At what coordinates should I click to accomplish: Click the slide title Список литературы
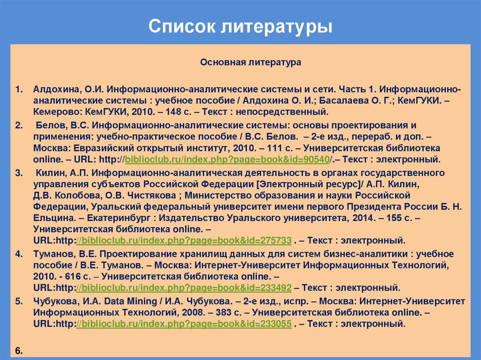point(240,26)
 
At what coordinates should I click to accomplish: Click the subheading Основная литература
point(251,62)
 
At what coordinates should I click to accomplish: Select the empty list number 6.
point(19,351)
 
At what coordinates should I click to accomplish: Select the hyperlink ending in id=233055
point(184,323)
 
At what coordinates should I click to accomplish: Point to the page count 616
point(67,276)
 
